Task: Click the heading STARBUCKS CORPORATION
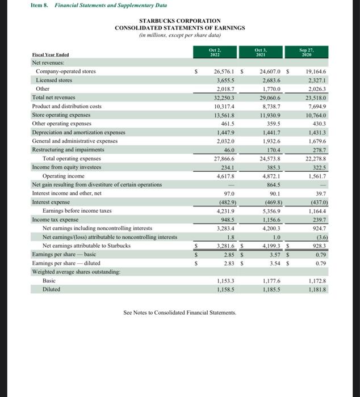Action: [x=179, y=20]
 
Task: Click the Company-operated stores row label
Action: [x=66, y=71]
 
